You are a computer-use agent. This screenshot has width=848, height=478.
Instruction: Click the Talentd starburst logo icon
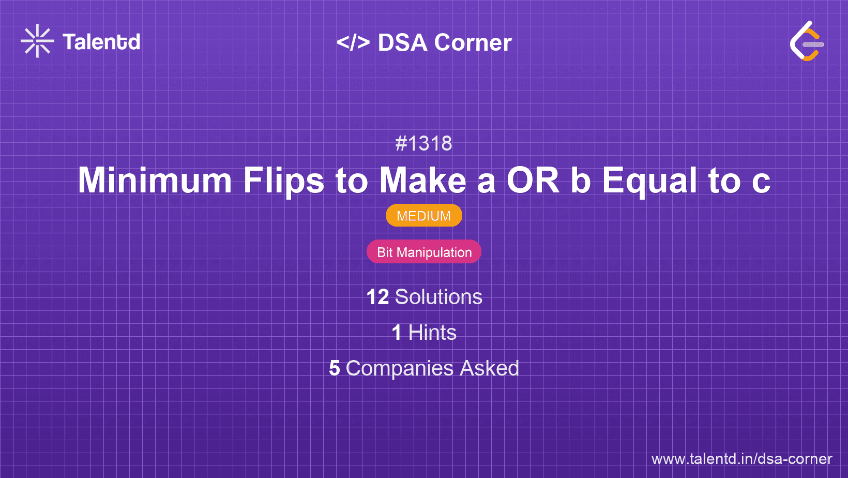coord(37,41)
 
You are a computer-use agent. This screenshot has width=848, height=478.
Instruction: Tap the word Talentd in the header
coord(101,42)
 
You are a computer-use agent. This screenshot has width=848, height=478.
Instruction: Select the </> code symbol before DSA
coord(353,42)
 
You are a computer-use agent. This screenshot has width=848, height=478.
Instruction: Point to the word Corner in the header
coord(473,42)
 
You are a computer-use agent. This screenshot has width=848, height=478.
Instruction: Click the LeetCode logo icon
coord(807,41)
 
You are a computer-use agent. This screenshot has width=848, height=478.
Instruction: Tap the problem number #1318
coord(423,143)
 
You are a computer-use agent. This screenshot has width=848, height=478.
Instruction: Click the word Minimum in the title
coord(155,181)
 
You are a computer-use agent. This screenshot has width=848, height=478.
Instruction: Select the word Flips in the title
coord(283,181)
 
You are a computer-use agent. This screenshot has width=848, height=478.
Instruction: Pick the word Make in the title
coord(423,181)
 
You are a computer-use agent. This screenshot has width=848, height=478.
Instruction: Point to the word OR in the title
coord(533,181)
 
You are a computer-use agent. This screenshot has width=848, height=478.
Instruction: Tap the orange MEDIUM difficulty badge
coord(423,216)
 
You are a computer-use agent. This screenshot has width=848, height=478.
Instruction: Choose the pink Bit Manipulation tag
coord(424,252)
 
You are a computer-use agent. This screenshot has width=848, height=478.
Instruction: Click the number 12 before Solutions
coord(377,297)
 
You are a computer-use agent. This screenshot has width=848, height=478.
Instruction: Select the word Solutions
coord(438,297)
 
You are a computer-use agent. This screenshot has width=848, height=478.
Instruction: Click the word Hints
coord(432,333)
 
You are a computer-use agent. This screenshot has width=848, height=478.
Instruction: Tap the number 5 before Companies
coord(335,368)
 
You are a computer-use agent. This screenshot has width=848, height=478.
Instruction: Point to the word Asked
coord(489,368)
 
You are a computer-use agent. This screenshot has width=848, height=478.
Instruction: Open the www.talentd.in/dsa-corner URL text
coord(741,459)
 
